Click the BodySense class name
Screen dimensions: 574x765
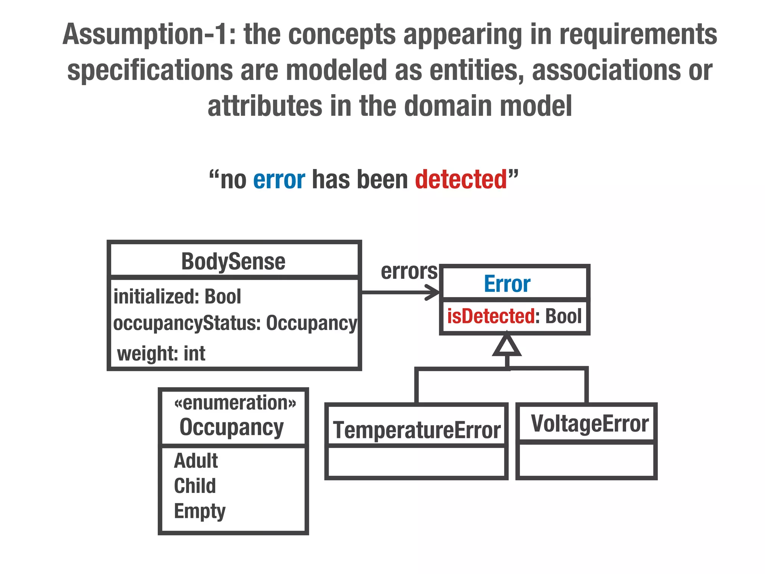coord(233,261)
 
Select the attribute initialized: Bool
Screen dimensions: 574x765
coord(177,297)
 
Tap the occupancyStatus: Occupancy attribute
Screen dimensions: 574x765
coord(235,323)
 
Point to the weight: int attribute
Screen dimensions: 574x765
coord(161,353)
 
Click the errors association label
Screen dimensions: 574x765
coord(409,271)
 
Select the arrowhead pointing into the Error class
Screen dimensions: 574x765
coord(433,292)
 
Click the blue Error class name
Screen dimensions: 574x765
coord(507,284)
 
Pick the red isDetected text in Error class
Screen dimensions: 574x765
coord(491,316)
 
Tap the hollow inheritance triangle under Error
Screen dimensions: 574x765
coord(507,345)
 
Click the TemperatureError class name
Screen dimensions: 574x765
coord(416,430)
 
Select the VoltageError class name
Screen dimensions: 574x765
coord(590,424)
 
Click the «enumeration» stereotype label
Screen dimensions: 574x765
coord(235,403)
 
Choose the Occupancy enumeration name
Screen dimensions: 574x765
coord(232,427)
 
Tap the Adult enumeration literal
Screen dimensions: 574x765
coord(196,460)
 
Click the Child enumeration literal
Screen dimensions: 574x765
coord(195,486)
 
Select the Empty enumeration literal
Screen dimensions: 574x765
coord(199,511)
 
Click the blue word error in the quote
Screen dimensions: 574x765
coord(279,180)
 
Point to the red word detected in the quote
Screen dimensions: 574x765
coord(461,180)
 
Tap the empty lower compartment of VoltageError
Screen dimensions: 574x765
coord(586,461)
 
